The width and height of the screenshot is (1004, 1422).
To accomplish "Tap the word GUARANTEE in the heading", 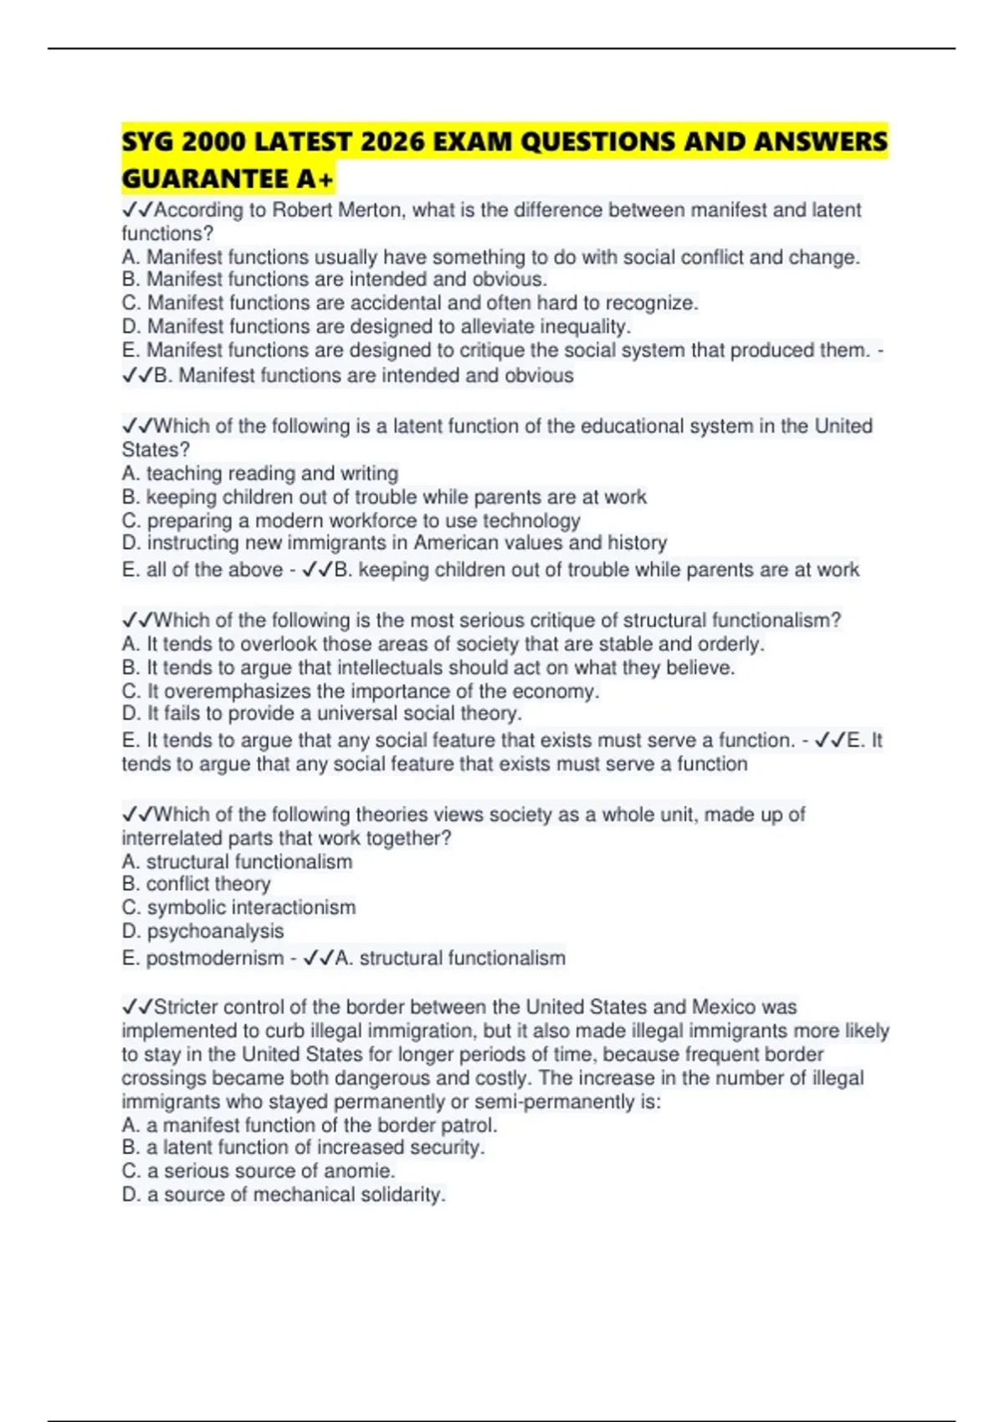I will click(205, 179).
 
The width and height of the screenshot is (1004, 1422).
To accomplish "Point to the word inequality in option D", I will click(572, 326).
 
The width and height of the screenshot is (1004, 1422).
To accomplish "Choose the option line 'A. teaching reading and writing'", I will click(260, 473).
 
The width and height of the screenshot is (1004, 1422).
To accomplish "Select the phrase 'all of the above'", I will click(214, 570).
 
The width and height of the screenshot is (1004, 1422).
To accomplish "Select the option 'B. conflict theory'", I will click(197, 884).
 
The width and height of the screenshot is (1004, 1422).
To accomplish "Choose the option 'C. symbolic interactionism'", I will click(238, 908).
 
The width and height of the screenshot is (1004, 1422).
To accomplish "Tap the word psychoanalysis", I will click(215, 931).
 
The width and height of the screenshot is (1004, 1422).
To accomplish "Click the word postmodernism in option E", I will click(215, 959).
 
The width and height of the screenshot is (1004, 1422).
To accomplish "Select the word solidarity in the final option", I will click(402, 1194).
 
